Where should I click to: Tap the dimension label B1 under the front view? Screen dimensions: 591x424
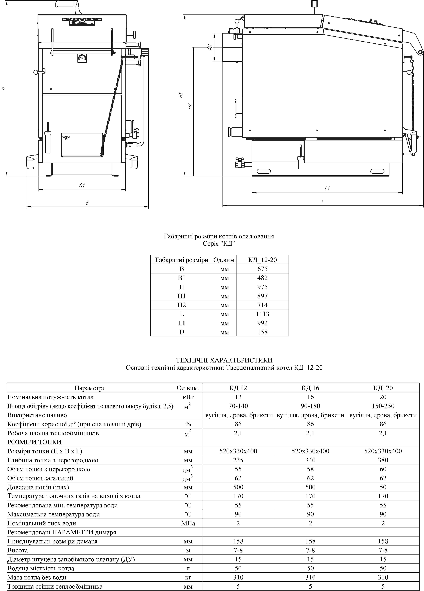(x=82, y=186)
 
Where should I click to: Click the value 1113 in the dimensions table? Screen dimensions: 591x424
(x=262, y=314)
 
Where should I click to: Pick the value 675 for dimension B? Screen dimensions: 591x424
(x=262, y=269)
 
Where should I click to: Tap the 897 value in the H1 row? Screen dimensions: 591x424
(x=262, y=296)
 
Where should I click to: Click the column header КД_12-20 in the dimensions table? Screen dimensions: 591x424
(x=262, y=260)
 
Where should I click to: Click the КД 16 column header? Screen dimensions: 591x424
(x=310, y=388)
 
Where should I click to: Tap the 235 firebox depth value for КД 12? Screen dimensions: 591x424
(x=238, y=460)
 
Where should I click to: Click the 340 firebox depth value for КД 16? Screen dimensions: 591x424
(x=310, y=460)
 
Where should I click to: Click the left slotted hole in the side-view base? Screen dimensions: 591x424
(x=264, y=171)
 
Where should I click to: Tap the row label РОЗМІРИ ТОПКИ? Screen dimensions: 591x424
(x=34, y=442)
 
